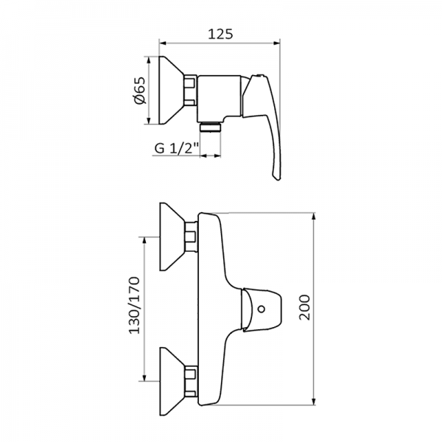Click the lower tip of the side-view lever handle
(276, 178)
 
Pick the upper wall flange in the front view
(172, 235)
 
